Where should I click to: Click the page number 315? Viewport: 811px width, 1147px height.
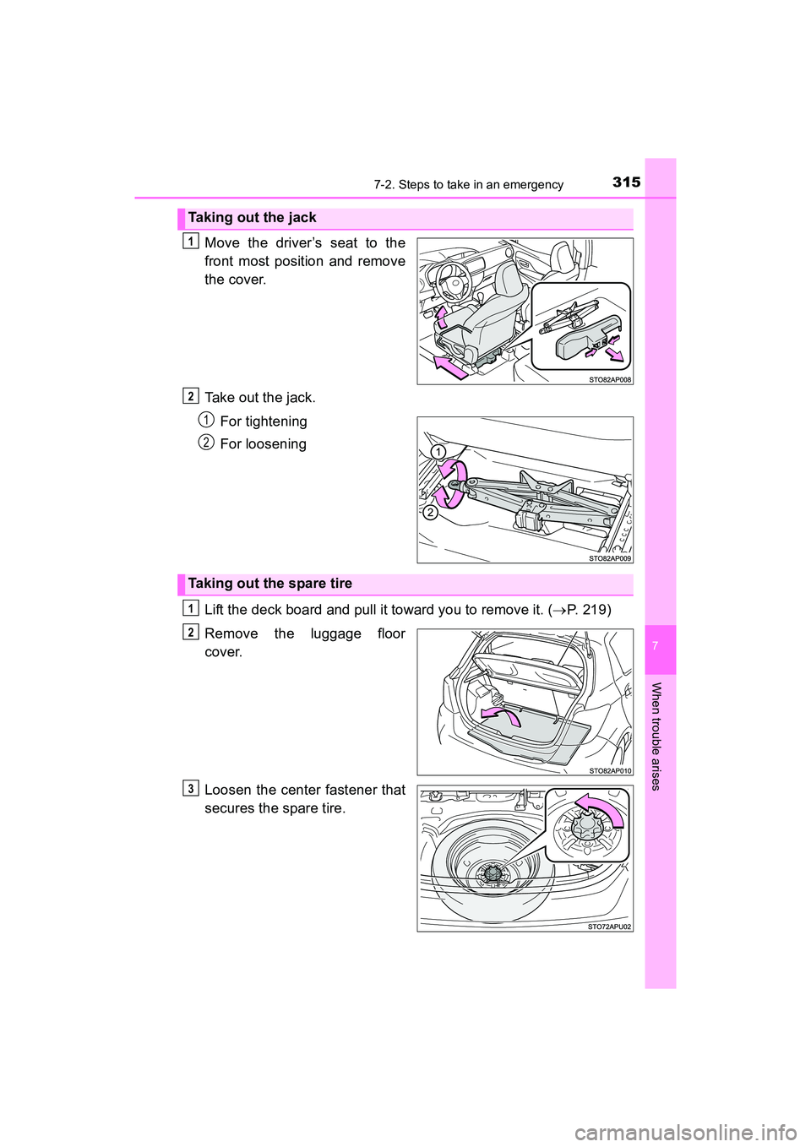pyautogui.click(x=626, y=182)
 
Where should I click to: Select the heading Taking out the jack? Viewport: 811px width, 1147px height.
pyautogui.click(x=252, y=218)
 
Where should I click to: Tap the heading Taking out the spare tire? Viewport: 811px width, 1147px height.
pyautogui.click(x=269, y=584)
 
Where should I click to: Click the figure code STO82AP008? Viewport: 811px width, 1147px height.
pyautogui.click(x=610, y=380)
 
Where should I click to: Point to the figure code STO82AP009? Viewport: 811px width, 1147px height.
pyautogui.click(x=610, y=558)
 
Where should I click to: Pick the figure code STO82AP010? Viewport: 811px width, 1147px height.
pyautogui.click(x=610, y=770)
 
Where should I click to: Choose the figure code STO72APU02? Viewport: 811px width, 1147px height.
pyautogui.click(x=610, y=927)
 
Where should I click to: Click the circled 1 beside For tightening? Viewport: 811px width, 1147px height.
pyautogui.click(x=206, y=419)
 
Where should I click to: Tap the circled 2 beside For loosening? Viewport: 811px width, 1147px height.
pyautogui.click(x=206, y=442)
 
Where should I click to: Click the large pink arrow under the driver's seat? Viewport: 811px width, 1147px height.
pyautogui.click(x=450, y=366)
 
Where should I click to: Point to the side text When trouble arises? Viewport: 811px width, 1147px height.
pyautogui.click(x=656, y=736)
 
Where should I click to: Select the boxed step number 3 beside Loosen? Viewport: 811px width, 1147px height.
pyautogui.click(x=191, y=789)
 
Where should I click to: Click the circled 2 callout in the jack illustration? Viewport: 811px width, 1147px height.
pyautogui.click(x=430, y=513)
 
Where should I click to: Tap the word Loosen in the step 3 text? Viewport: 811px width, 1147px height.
pyautogui.click(x=228, y=791)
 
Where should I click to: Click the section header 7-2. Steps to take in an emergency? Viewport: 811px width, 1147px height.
pyautogui.click(x=468, y=185)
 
